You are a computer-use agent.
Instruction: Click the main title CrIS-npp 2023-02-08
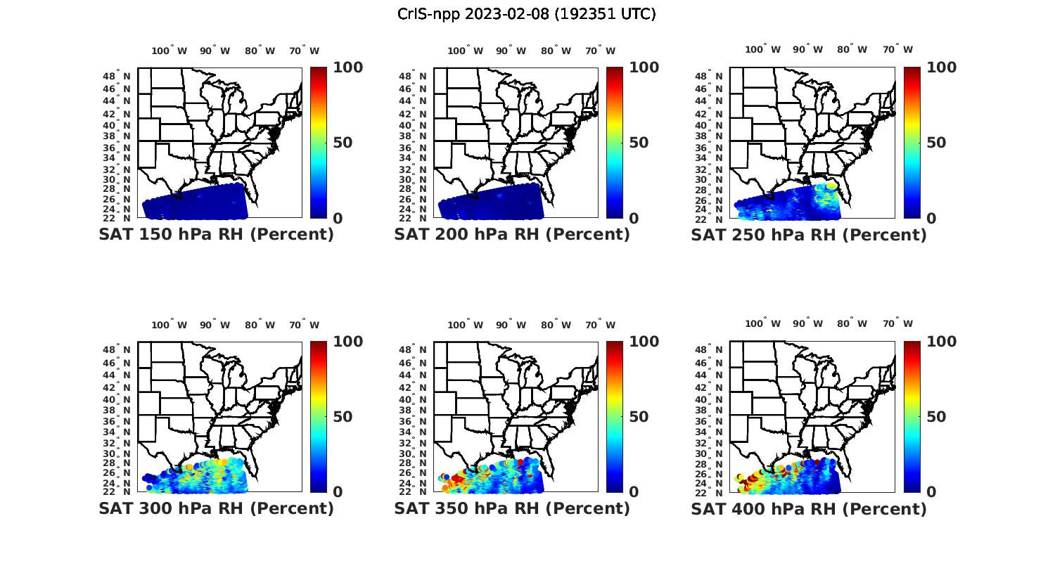526,14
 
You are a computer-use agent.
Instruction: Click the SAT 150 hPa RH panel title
216,235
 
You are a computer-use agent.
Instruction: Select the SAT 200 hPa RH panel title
512,235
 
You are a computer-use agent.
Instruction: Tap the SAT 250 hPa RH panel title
809,235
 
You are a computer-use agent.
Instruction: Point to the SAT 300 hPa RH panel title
216,508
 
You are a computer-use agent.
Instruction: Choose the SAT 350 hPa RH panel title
512,508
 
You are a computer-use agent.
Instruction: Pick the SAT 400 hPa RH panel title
809,508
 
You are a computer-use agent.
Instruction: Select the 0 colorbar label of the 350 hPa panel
634,492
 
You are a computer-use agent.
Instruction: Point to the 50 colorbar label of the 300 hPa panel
343,417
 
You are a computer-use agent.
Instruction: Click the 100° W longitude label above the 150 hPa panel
170,51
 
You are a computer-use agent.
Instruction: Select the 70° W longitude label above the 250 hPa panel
897,49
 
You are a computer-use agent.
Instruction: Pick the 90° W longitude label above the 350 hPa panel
511,325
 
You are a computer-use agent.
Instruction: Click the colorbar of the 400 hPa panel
912,417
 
